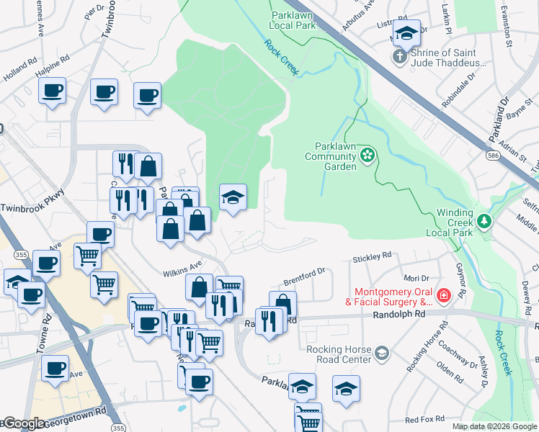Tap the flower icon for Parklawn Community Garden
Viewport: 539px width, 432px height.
click(368, 155)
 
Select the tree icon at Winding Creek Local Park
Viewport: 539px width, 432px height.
click(486, 220)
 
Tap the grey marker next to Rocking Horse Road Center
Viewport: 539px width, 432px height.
click(381, 353)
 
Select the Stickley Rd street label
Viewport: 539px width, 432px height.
click(371, 256)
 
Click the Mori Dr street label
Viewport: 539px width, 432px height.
click(416, 277)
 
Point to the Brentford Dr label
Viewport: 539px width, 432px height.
click(306, 272)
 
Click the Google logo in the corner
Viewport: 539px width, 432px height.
click(23, 424)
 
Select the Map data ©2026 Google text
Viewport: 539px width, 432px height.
click(494, 426)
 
